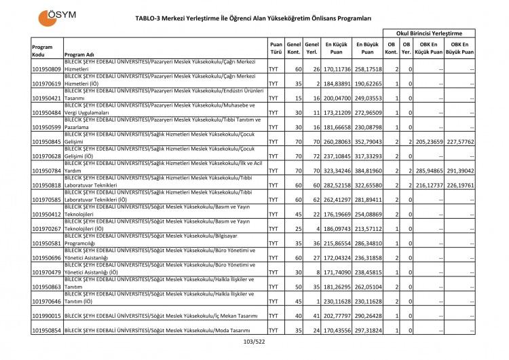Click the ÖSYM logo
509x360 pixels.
(59, 14)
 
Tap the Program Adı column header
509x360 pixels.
(80, 55)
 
